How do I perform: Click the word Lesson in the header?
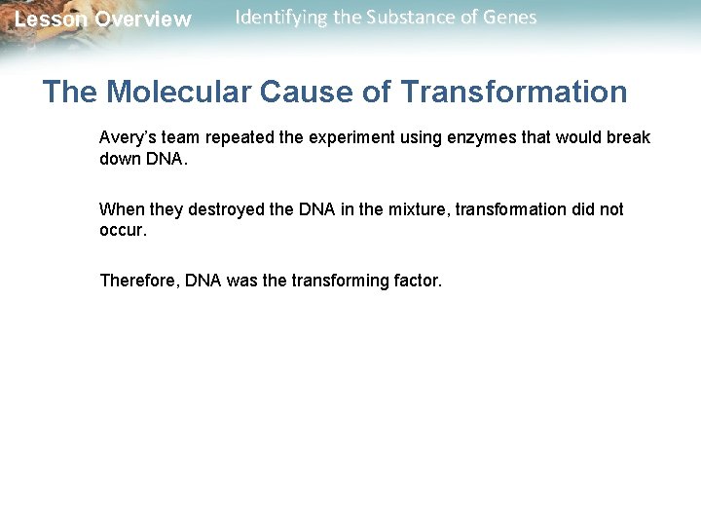[51, 19]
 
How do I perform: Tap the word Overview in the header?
[143, 19]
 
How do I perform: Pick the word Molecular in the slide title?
[180, 93]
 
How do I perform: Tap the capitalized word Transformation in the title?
[514, 93]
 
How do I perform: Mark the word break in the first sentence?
[629, 137]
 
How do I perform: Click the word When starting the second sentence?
[121, 209]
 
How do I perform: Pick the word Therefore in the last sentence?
[140, 281]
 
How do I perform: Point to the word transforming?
[340, 281]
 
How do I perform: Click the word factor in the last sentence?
[417, 281]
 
